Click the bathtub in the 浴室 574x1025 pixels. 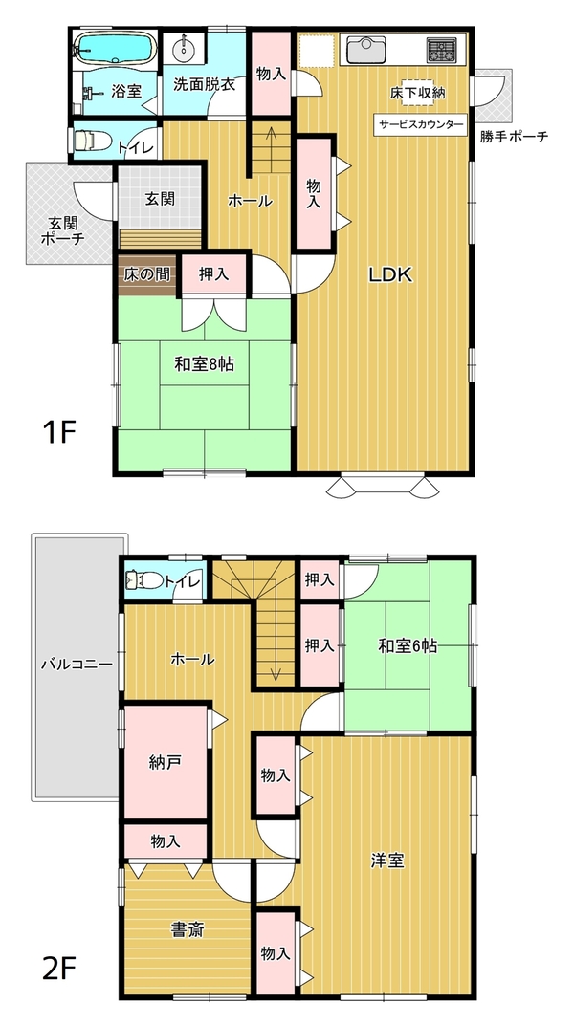115,48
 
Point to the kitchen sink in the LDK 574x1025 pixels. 366,50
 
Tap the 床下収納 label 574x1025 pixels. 418,93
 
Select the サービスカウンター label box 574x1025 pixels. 420,125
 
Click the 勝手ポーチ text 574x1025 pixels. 513,137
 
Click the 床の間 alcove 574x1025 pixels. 147,273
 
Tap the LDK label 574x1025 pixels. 390,275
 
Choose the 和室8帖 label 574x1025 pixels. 204,363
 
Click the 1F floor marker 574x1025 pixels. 59,432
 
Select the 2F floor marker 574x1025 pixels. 59,970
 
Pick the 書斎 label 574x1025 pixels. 187,929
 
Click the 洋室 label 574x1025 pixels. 387,861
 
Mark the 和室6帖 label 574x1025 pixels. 408,646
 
